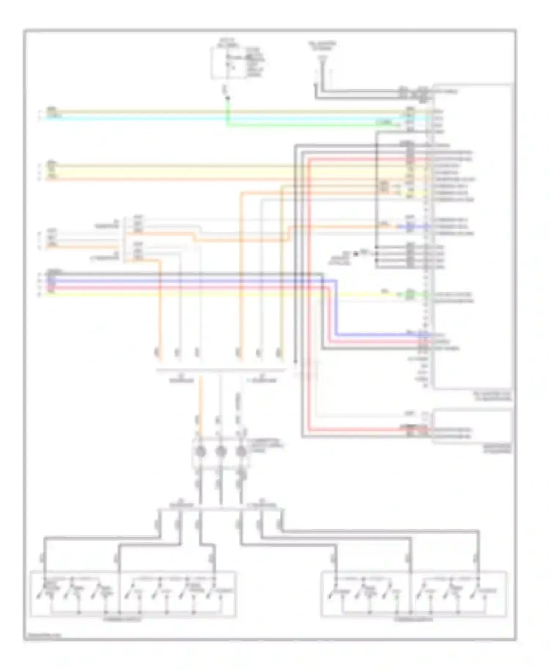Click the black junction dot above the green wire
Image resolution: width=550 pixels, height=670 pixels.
(x=227, y=98)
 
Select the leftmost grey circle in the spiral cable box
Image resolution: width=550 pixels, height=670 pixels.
(x=200, y=452)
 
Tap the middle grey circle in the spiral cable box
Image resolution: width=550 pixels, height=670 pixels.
(x=220, y=452)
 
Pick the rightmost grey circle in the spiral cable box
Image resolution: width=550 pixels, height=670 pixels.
(x=241, y=452)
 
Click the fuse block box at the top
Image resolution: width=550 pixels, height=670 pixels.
(x=229, y=63)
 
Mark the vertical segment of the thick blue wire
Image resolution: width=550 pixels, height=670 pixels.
(x=336, y=308)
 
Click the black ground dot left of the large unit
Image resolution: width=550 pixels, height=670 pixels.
(x=355, y=254)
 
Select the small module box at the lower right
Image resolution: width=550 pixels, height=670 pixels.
(x=472, y=426)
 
